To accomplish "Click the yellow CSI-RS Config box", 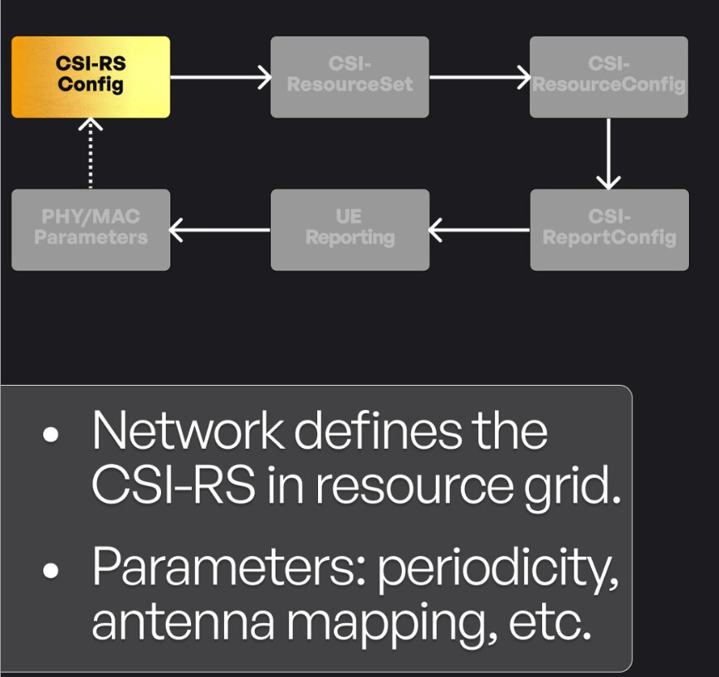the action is pyautogui.click(x=90, y=77).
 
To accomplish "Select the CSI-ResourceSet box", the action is pyautogui.click(x=350, y=77).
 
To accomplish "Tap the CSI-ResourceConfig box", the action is pyautogui.click(x=609, y=77).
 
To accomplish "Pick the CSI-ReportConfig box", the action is pyautogui.click(x=609, y=230).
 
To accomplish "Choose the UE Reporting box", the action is pyautogui.click(x=350, y=230).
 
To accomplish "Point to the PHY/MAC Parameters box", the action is pyautogui.click(x=90, y=230).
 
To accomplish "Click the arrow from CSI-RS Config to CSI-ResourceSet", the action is pyautogui.click(x=221, y=77).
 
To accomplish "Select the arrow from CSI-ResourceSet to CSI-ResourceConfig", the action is pyautogui.click(x=480, y=77).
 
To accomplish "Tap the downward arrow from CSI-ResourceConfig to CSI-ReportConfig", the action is pyautogui.click(x=609, y=153).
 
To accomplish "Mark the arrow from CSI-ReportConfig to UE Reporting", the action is pyautogui.click(x=479, y=230).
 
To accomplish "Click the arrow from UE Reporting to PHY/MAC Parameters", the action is pyautogui.click(x=220, y=230).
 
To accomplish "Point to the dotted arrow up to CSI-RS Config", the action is pyautogui.click(x=90, y=153).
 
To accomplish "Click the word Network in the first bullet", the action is pyautogui.click(x=188, y=431).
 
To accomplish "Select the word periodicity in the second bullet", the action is pyautogui.click(x=498, y=568).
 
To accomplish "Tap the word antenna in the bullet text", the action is pyautogui.click(x=183, y=622).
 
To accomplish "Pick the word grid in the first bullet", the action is pyautogui.click(x=572, y=486).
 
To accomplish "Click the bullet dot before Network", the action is pyautogui.click(x=51, y=435).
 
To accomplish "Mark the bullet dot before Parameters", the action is pyautogui.click(x=51, y=570).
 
